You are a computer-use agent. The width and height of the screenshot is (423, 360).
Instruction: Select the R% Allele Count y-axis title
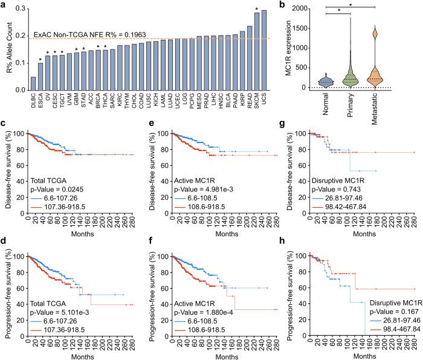[8, 51]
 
